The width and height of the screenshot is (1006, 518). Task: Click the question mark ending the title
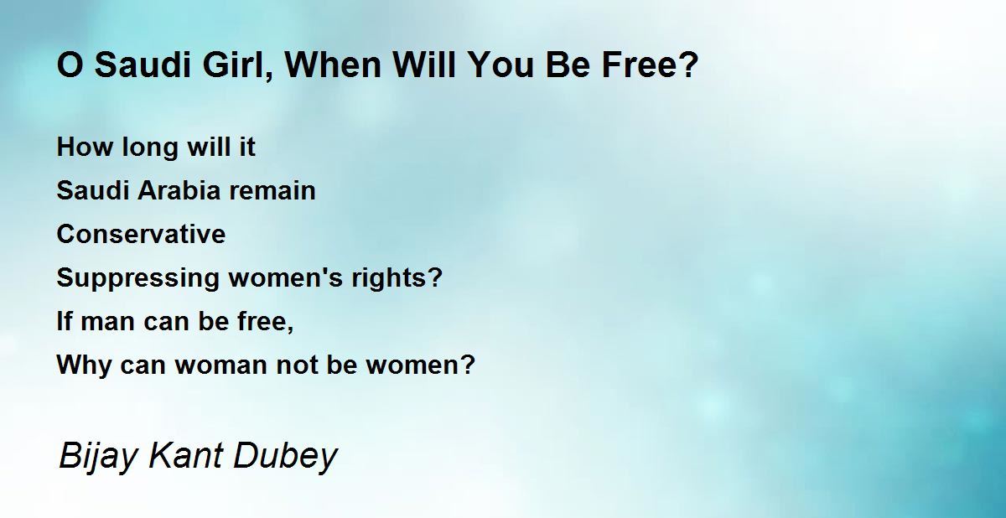tap(689, 65)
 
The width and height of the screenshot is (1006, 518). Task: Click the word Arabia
tap(179, 190)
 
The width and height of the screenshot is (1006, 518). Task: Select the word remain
tap(272, 190)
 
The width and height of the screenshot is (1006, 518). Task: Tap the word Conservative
tap(141, 234)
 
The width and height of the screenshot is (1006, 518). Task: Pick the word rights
tap(392, 278)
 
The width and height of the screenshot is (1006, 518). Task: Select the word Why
tap(84, 365)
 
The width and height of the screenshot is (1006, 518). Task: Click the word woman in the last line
tap(220, 365)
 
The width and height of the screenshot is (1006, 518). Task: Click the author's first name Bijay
tap(97, 457)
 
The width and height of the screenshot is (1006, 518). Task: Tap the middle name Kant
tap(185, 456)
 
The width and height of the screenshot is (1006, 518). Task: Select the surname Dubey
tap(285, 457)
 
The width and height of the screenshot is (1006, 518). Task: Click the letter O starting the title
tap(70, 65)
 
